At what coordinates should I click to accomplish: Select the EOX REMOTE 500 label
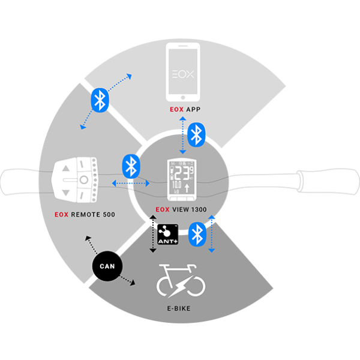pos(84,214)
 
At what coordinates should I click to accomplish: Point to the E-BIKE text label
pos(180,311)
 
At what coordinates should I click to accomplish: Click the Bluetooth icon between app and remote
pos(100,99)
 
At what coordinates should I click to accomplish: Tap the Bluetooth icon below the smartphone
pos(196,134)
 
